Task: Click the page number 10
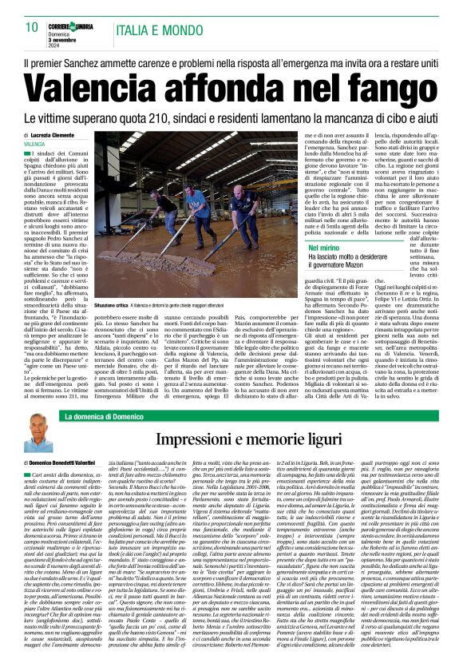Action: click(32, 26)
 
